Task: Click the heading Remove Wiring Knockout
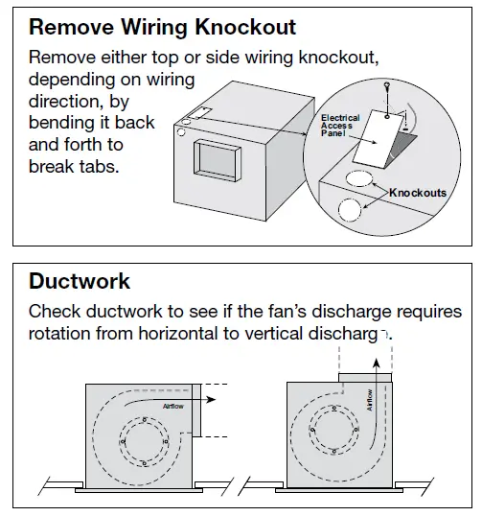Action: pos(162,27)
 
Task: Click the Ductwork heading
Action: pos(80,282)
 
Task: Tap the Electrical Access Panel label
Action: pos(340,125)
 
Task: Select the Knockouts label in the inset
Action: pos(418,193)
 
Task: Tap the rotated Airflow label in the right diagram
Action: pos(370,400)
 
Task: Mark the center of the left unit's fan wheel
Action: pos(144,440)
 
